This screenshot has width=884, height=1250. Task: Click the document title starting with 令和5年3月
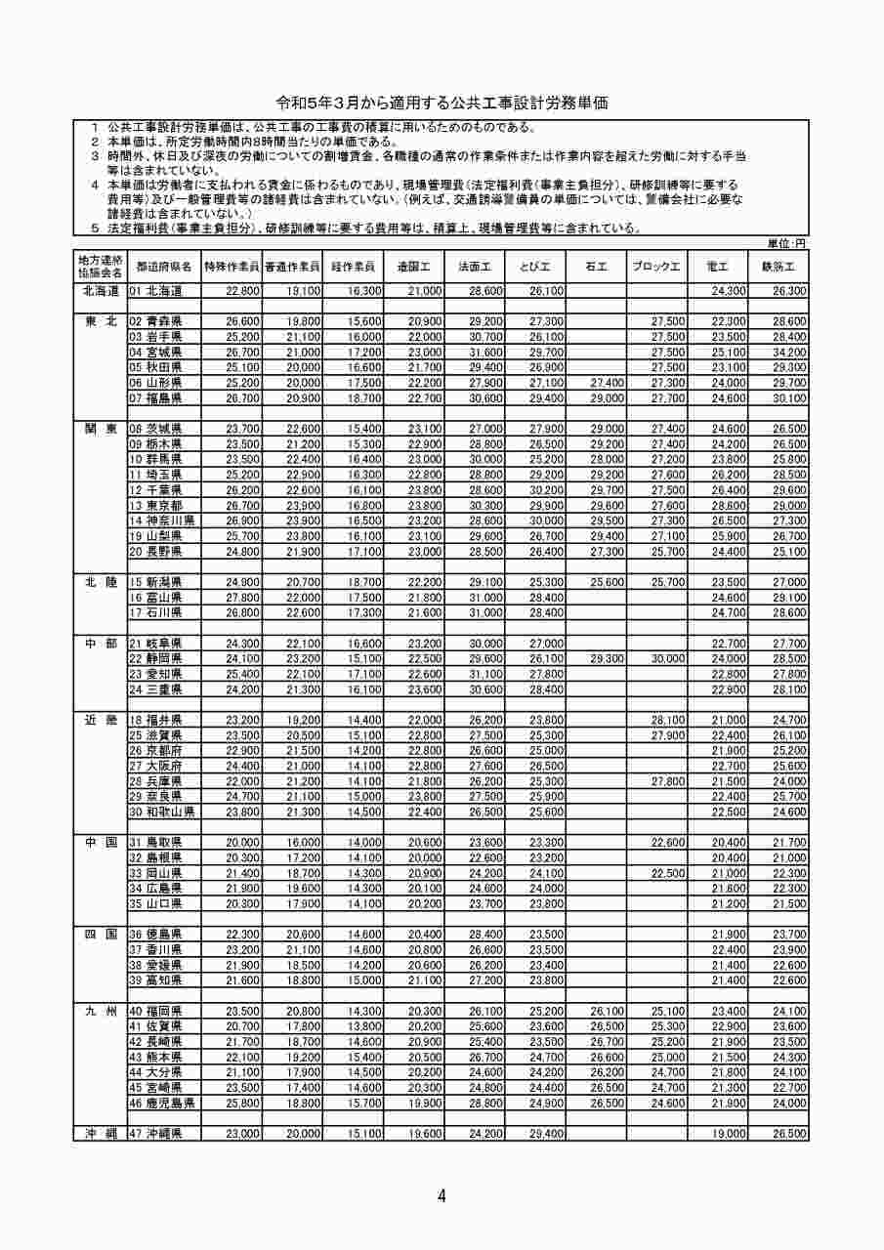tap(442, 103)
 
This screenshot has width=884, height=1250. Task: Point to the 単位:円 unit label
tap(786, 242)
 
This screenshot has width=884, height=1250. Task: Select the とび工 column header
tap(536, 267)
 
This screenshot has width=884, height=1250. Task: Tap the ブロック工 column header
tap(656, 267)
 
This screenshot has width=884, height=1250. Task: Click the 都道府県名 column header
tap(164, 267)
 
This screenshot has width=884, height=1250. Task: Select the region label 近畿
tap(101, 719)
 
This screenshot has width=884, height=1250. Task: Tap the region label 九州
tap(101, 1010)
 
